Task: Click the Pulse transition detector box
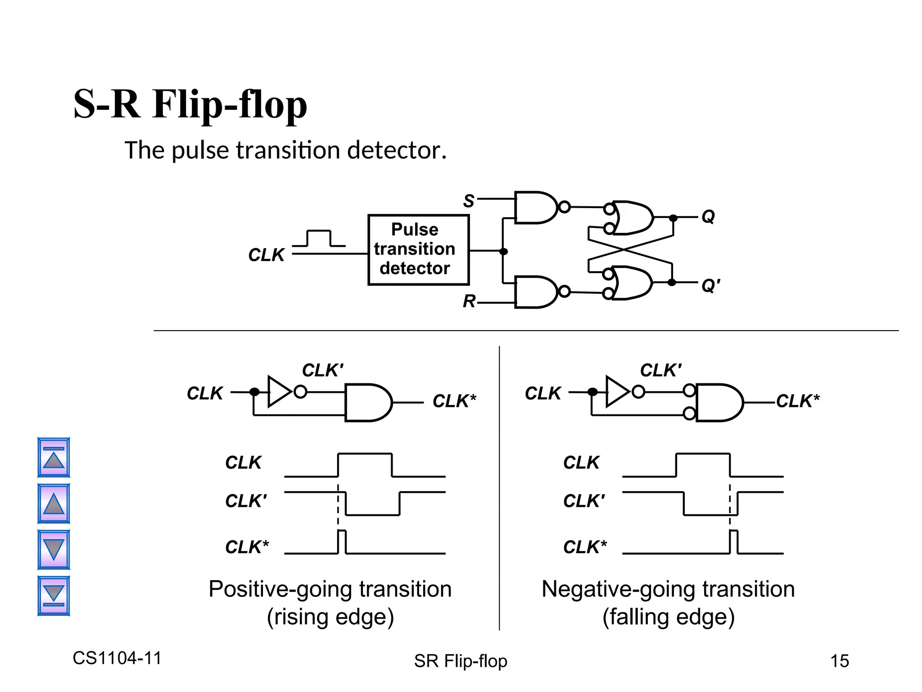[418, 250]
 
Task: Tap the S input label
[469, 201]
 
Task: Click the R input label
[469, 301]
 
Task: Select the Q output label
[708, 217]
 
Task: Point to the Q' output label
[710, 285]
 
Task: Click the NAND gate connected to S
[535, 207]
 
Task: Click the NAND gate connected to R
[535, 292]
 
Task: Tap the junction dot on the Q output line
[673, 218]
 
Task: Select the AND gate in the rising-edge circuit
[366, 402]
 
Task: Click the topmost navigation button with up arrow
[54, 457]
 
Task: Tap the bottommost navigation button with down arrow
[54, 596]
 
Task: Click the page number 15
[839, 661]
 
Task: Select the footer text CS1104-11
[117, 658]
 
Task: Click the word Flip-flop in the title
[230, 105]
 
